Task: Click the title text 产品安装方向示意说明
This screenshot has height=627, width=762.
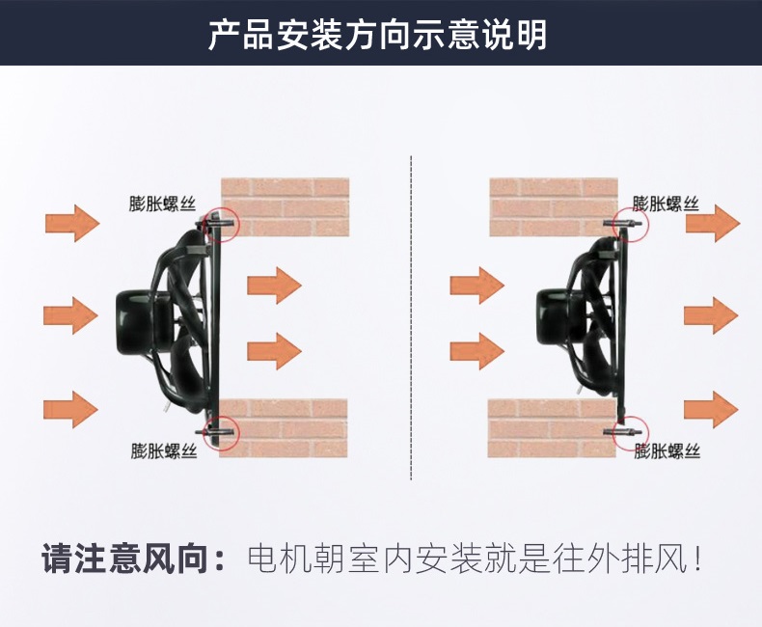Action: tap(378, 34)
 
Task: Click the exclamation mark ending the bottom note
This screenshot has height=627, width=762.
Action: tap(697, 559)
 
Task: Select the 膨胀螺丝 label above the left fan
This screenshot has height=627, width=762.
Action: tap(162, 204)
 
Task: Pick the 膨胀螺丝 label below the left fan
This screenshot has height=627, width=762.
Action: tap(164, 450)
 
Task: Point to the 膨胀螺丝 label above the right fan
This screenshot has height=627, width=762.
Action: tap(666, 204)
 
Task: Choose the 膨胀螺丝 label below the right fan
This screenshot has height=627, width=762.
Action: tap(667, 450)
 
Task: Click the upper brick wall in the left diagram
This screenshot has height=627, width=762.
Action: tap(286, 207)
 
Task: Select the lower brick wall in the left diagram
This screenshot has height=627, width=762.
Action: tap(284, 428)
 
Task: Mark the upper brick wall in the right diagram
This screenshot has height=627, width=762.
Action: tap(554, 207)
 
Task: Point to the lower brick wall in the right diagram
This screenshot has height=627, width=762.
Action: tap(552, 428)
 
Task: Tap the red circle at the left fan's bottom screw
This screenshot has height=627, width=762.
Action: tap(238, 432)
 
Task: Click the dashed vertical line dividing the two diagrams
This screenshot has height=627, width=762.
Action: tap(411, 318)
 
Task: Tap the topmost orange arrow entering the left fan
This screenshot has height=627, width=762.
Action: tap(72, 224)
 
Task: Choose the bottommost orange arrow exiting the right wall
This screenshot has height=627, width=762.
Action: tap(711, 410)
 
